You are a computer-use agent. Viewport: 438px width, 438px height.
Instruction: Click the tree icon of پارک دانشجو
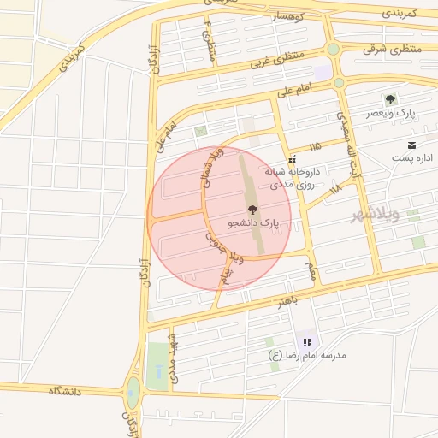[x=252, y=210]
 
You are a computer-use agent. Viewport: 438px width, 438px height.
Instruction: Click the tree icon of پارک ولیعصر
[x=391, y=100]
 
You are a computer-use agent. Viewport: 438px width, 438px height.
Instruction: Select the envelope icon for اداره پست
[x=412, y=145]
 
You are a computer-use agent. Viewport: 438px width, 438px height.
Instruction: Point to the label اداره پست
[x=412, y=159]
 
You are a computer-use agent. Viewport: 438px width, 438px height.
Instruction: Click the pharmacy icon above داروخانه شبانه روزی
[x=293, y=158]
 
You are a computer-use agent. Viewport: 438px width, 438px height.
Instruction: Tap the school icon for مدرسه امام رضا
[x=307, y=342]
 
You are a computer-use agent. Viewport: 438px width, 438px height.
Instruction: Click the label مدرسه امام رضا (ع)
[x=307, y=355]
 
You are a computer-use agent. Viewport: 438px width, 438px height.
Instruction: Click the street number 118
[x=334, y=188]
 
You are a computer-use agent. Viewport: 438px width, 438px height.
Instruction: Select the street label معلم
[x=312, y=269]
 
